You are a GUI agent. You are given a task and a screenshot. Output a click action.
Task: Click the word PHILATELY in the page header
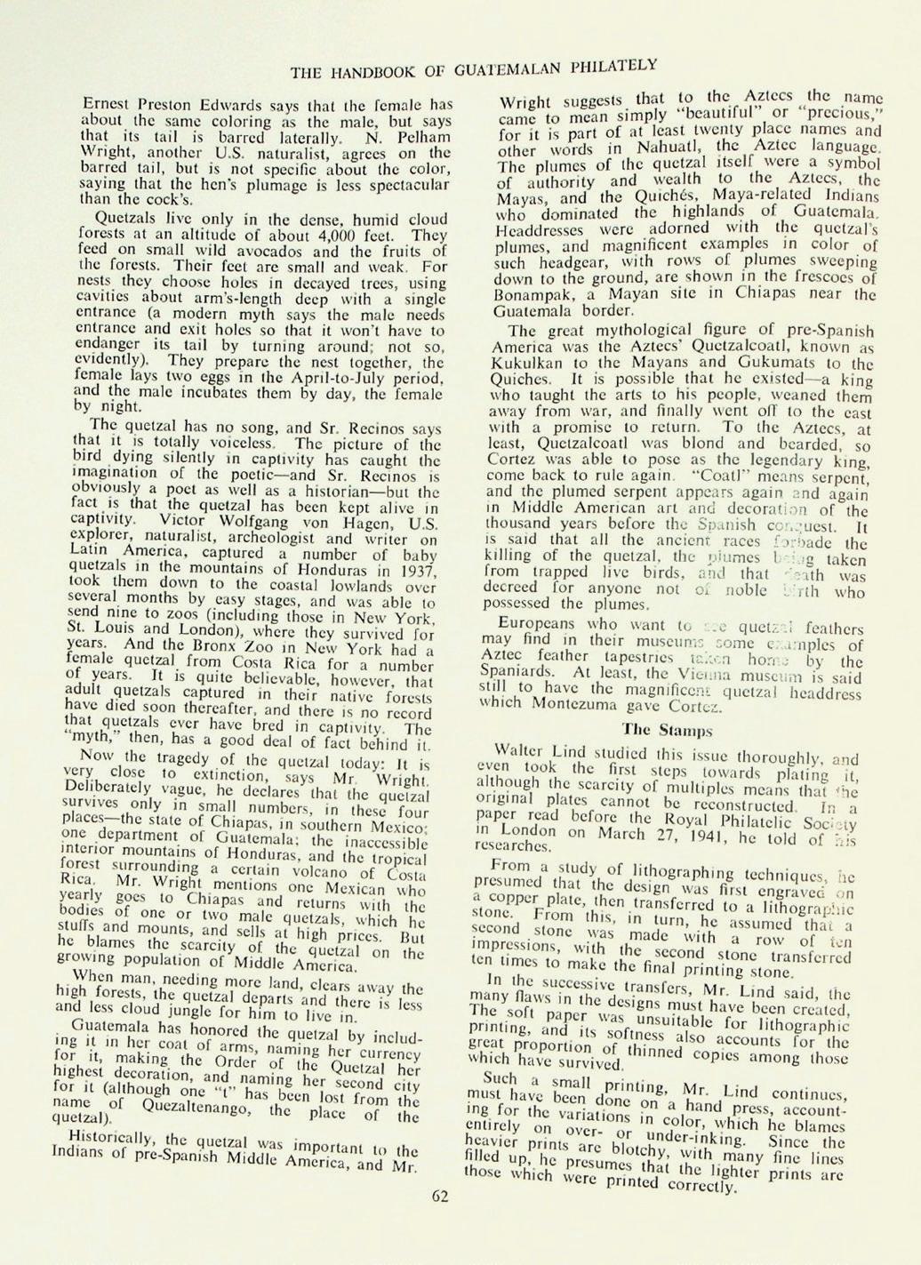coord(613,64)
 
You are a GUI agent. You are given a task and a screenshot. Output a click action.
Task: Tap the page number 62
coord(441,1196)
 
